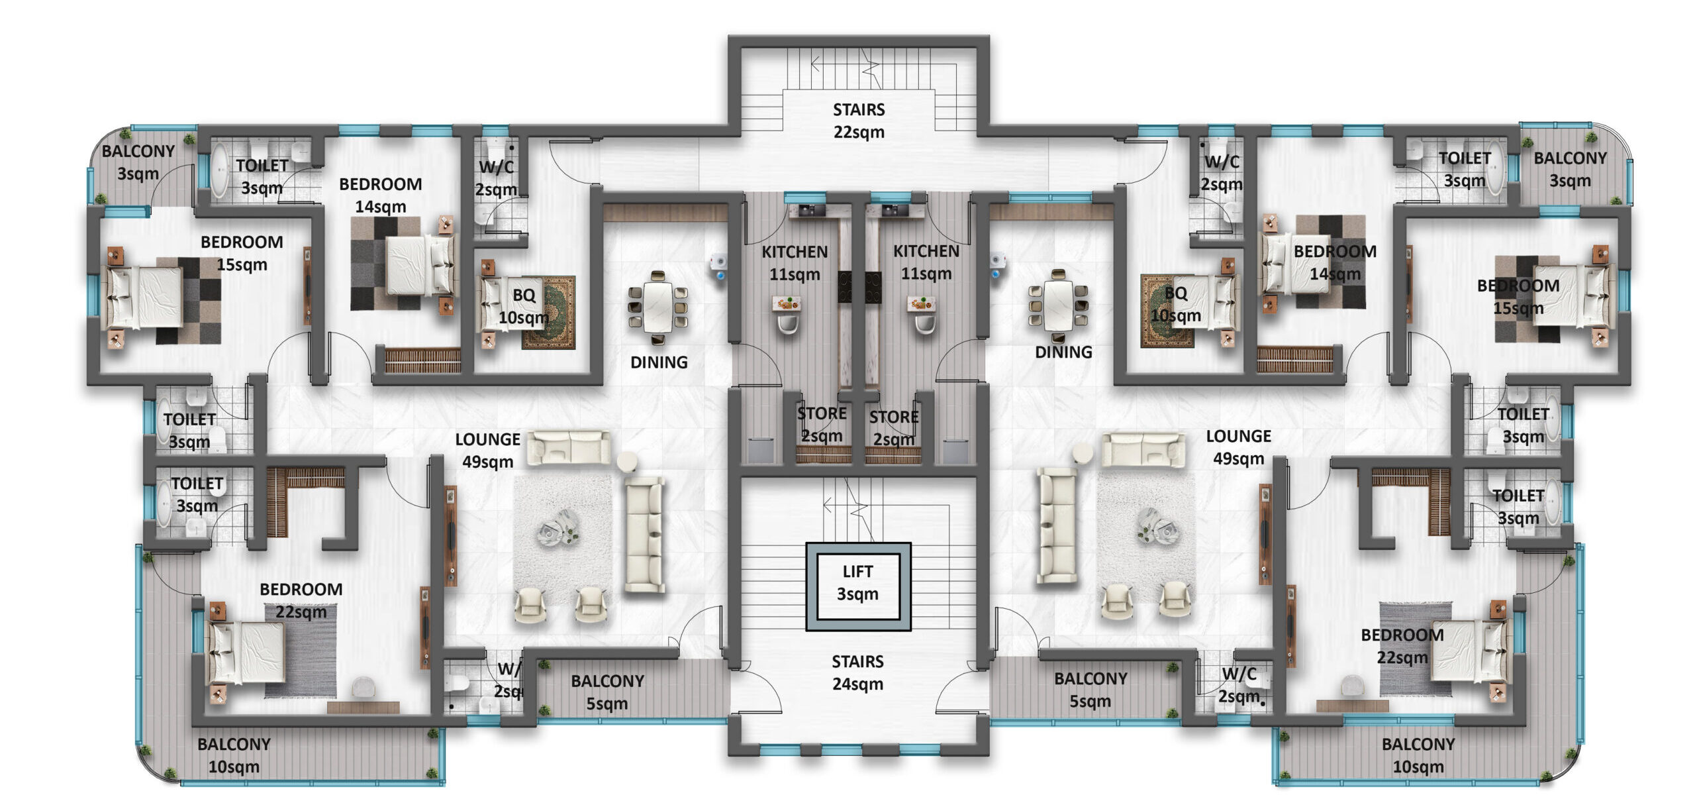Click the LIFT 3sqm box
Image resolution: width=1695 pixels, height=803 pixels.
coord(857,584)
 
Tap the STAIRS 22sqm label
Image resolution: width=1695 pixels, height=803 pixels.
coord(858,121)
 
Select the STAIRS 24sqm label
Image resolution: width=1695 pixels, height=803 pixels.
coord(857,672)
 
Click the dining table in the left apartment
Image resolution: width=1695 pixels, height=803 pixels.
coord(657,307)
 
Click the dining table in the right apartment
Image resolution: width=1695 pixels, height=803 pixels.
coord(1058,304)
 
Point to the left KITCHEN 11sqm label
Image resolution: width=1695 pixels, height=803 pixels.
coord(794,263)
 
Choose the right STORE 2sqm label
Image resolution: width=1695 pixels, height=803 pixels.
coord(893,428)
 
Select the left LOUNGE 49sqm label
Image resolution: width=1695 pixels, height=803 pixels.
coord(487,451)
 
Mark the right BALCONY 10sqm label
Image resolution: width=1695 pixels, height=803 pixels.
coord(1418,755)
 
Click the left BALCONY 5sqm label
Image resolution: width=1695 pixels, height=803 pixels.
coord(607,692)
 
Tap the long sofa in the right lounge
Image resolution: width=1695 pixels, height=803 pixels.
coord(1055,525)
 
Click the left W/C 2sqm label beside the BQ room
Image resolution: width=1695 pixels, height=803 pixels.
coord(496,178)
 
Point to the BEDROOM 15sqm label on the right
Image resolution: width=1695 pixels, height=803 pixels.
coord(1518,297)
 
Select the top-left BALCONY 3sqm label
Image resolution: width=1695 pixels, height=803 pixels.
coord(138,162)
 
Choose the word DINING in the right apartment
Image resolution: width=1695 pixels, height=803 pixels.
coord(1063,352)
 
